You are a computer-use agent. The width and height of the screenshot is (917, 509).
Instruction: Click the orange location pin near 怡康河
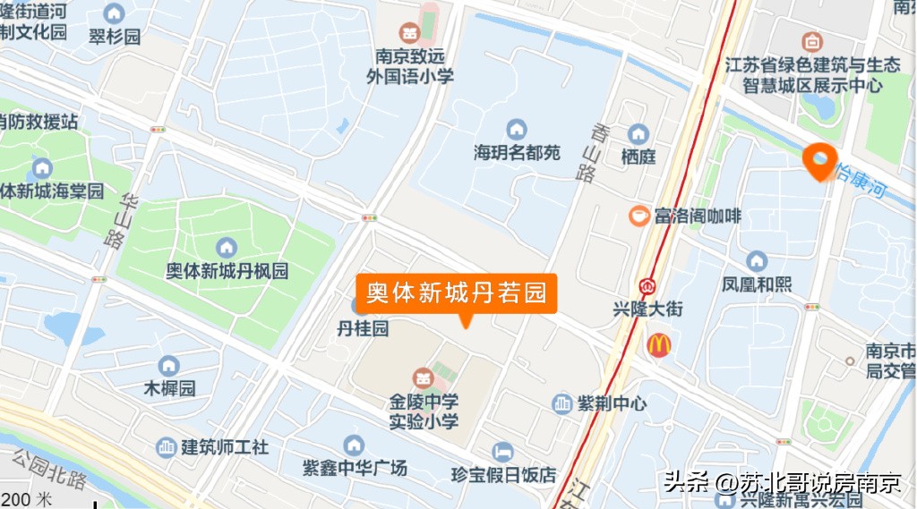pos(819,160)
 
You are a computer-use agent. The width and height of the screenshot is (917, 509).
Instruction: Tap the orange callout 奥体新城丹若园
pos(457,293)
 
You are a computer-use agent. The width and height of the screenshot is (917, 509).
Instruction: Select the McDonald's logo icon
pos(659,345)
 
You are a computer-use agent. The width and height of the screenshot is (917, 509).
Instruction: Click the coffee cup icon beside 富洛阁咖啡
pos(638,216)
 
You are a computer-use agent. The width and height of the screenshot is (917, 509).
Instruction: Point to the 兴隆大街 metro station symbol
pos(647,288)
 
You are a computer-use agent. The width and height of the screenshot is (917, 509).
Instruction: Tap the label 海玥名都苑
pos(517,153)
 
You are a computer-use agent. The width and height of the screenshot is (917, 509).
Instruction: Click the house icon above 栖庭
pos(638,134)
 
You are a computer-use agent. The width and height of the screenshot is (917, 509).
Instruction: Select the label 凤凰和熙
pos(757,284)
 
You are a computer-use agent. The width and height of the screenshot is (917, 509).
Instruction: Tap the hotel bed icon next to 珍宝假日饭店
pos(502,451)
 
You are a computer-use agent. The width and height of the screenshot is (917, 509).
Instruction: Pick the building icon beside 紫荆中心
pos(561,403)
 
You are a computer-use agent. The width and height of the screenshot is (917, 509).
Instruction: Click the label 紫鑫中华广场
pos(355,467)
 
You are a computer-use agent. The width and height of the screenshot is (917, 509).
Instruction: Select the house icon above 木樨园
pos(168,366)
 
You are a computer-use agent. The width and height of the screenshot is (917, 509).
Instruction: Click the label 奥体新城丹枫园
pos(227,270)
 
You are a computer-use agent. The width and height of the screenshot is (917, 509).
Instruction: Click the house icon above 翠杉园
pos(114,14)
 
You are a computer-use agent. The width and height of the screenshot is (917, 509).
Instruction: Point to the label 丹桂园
pos(363,329)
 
